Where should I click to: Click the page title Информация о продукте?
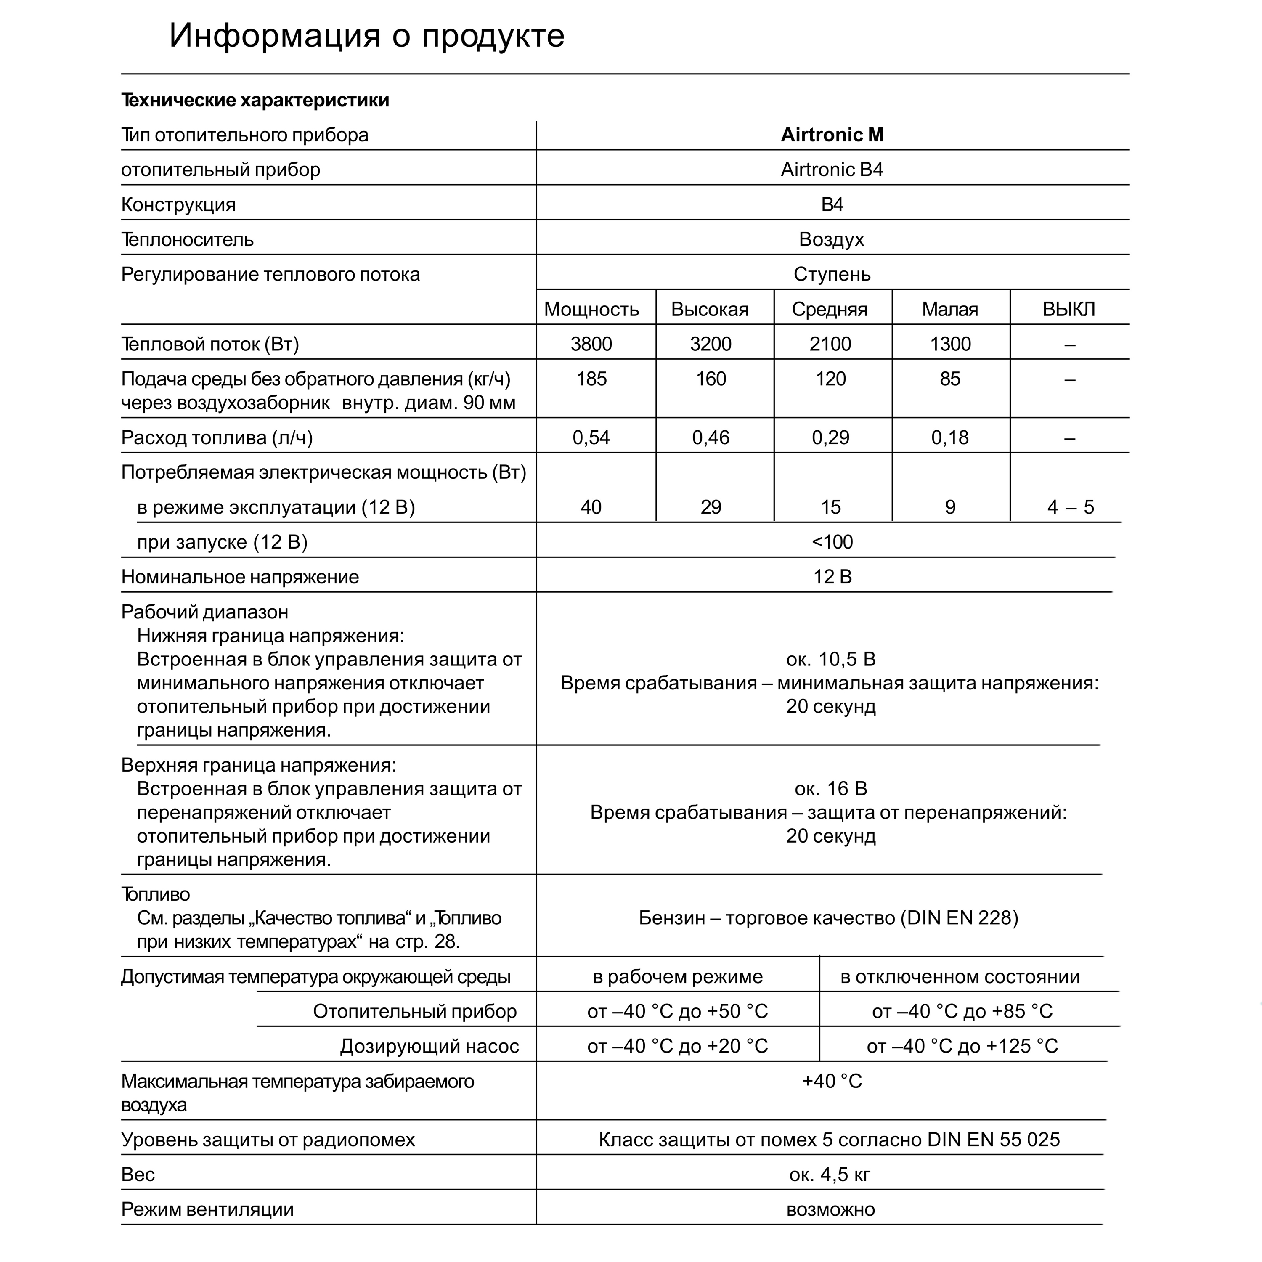(366, 36)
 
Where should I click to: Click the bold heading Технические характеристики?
(255, 100)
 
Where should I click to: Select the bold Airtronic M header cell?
(832, 135)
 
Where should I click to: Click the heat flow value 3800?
(591, 344)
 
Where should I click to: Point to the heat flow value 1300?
(950, 344)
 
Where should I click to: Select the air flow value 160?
(711, 379)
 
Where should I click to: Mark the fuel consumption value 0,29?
(830, 437)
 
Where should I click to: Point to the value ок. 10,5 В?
(830, 659)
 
